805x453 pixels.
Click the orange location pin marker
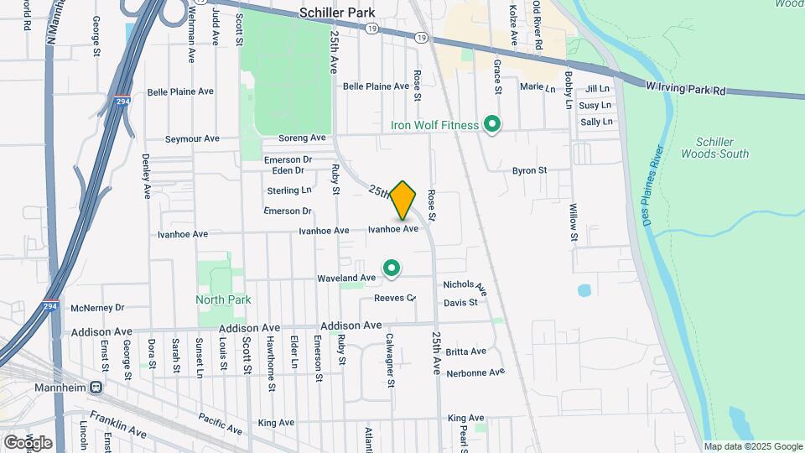[403, 200]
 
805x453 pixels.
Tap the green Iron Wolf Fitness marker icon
[494, 125]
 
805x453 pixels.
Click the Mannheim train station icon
[96, 388]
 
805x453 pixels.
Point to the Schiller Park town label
[338, 13]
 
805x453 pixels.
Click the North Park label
[223, 299]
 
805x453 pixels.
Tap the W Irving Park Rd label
[686, 87]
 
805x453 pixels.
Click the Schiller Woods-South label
[722, 152]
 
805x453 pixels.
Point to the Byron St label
[529, 170]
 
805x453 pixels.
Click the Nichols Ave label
[465, 285]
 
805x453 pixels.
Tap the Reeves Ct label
[395, 298]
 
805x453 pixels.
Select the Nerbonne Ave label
[475, 372]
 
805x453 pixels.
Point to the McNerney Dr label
[97, 308]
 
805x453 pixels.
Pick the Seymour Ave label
[192, 139]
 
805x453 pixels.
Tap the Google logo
[28, 442]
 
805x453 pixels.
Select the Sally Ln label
[596, 122]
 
